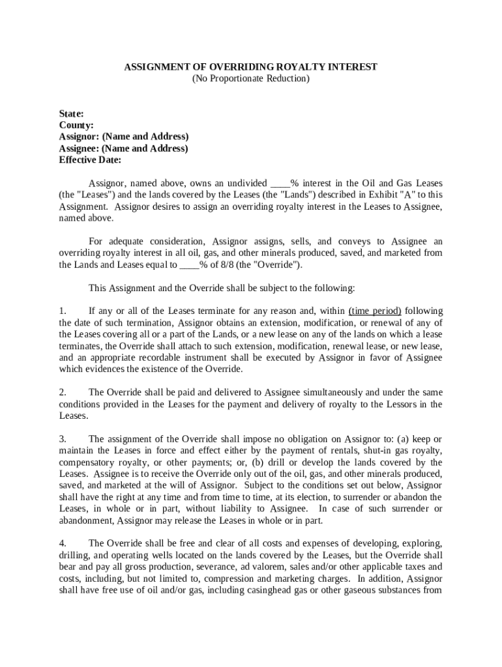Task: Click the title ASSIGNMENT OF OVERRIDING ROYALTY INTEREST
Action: pos(251,67)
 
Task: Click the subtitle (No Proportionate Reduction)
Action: pos(251,79)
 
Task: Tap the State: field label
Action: pos(71,113)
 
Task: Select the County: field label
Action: pos(76,125)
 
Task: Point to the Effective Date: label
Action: pos(90,160)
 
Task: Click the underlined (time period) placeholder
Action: pos(375,311)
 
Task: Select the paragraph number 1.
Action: pos(63,311)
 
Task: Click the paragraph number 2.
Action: pos(63,393)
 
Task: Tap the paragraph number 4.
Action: pos(63,543)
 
